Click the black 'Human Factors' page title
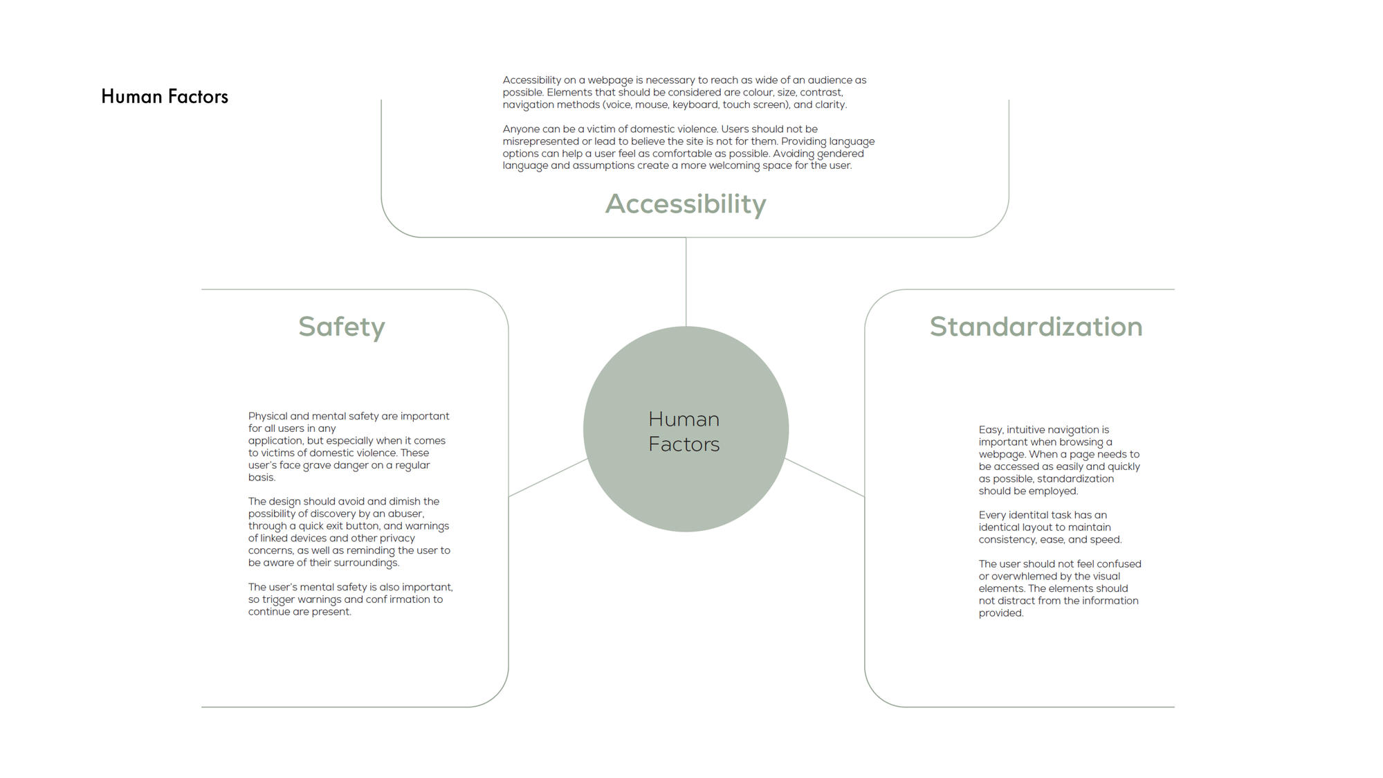click(165, 96)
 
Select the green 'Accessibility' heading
click(686, 204)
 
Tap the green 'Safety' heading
click(342, 327)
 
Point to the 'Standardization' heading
click(1036, 327)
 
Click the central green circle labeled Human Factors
click(686, 429)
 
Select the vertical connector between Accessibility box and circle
click(686, 282)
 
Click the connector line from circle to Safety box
click(548, 478)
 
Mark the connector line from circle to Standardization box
click(825, 478)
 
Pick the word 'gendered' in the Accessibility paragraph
click(841, 154)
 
